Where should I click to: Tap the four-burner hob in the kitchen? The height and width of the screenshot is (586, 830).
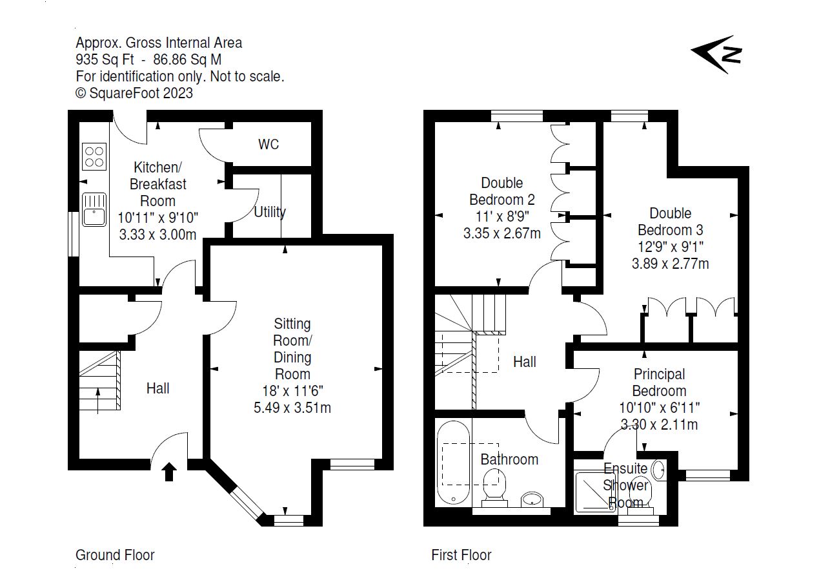pyautogui.click(x=94, y=157)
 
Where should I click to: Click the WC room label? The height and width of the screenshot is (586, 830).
pyautogui.click(x=268, y=144)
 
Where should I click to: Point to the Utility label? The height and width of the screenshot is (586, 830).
pyautogui.click(x=270, y=212)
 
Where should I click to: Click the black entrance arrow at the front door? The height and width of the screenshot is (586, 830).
pyautogui.click(x=169, y=472)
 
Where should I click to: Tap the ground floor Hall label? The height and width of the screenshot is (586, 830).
pyautogui.click(x=157, y=388)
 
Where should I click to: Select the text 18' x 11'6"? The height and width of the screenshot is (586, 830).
pyautogui.click(x=293, y=391)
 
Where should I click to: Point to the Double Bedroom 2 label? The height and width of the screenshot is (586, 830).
pyautogui.click(x=501, y=191)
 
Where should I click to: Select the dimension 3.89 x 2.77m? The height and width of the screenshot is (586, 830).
pyautogui.click(x=670, y=264)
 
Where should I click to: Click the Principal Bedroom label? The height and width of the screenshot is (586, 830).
pyautogui.click(x=659, y=382)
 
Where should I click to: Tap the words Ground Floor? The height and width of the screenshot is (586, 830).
pyautogui.click(x=115, y=555)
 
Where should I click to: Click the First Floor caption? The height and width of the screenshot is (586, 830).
pyautogui.click(x=461, y=555)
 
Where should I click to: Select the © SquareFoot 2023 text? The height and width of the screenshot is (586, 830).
pyautogui.click(x=134, y=93)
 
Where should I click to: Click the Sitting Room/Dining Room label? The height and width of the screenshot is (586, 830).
pyautogui.click(x=292, y=348)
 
